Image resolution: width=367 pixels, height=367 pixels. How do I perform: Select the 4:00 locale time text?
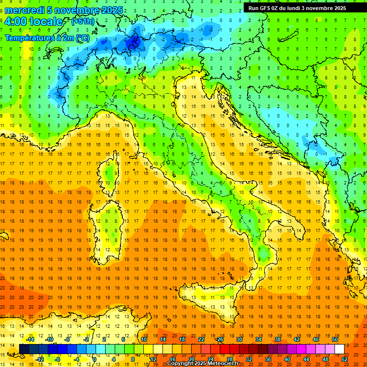(33, 22)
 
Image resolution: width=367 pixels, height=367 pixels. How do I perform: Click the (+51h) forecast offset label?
(82, 22)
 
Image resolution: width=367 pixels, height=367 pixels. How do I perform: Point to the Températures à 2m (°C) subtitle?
(47, 37)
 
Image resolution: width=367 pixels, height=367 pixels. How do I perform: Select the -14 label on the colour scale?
(31, 339)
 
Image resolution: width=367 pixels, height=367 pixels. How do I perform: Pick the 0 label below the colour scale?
(95, 359)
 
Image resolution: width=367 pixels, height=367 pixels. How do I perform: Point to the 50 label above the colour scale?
(335, 339)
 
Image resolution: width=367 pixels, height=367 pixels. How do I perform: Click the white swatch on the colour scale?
(339, 349)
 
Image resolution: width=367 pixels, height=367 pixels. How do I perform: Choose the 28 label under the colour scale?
(229, 359)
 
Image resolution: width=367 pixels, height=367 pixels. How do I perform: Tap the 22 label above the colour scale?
(201, 339)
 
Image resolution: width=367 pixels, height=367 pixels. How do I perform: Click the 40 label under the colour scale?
(287, 359)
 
